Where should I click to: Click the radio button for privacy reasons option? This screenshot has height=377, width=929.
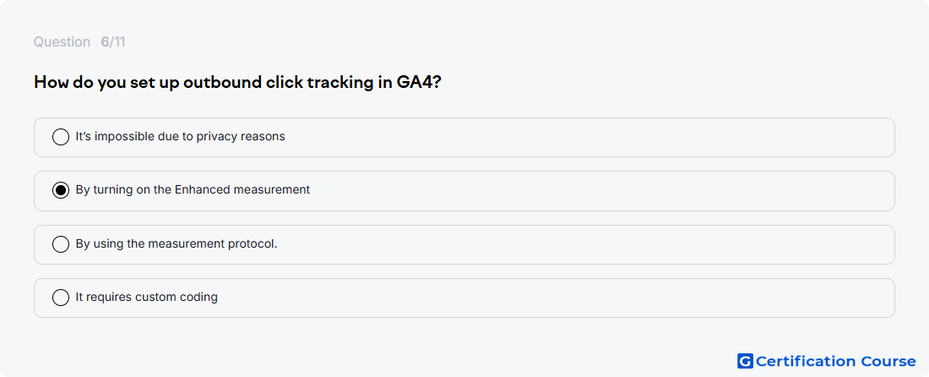(x=61, y=137)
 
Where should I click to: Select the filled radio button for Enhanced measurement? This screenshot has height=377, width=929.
(x=61, y=190)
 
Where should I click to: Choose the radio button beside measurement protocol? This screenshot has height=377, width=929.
(x=61, y=244)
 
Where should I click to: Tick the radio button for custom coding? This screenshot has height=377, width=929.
(x=61, y=298)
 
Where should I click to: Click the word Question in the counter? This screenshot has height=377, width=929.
(x=62, y=42)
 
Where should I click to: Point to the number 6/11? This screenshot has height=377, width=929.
(x=113, y=42)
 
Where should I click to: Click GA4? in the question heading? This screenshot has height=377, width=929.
(x=418, y=82)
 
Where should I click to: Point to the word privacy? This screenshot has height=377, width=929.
(x=216, y=137)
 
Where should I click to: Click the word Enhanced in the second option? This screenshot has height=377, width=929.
(x=202, y=189)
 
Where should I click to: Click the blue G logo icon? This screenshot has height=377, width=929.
(x=745, y=361)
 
